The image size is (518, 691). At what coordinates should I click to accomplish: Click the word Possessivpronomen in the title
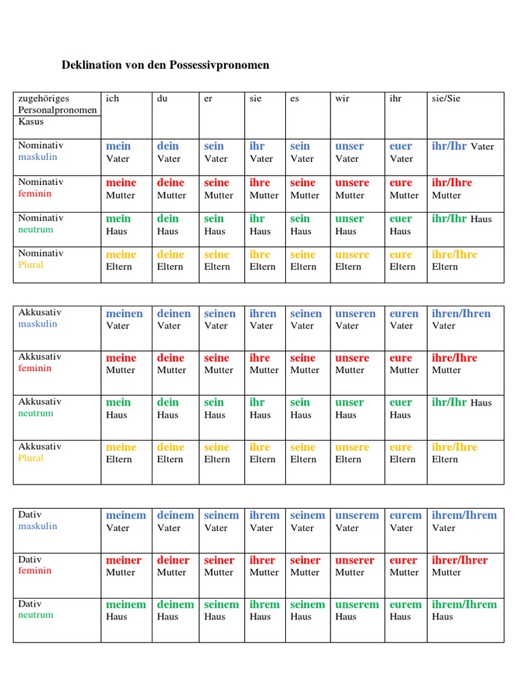click(x=215, y=65)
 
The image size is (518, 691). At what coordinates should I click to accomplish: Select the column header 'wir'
click(x=343, y=99)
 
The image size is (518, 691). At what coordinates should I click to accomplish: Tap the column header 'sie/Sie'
click(x=446, y=99)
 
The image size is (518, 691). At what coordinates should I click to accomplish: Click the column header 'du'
click(x=162, y=99)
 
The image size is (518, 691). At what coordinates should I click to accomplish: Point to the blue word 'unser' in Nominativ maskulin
click(x=349, y=146)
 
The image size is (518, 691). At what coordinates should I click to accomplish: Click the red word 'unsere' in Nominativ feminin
click(x=352, y=182)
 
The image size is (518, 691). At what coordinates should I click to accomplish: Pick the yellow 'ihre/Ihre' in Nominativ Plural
click(x=454, y=254)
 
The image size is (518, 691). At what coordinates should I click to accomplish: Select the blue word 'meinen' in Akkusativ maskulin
click(x=124, y=313)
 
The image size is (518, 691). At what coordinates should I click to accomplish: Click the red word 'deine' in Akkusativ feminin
click(x=171, y=358)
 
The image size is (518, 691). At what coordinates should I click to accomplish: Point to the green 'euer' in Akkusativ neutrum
click(x=401, y=402)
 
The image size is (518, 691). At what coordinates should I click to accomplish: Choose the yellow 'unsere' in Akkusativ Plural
click(x=352, y=447)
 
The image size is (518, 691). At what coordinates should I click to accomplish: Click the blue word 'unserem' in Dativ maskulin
click(x=357, y=515)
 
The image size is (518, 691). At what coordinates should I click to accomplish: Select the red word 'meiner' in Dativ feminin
click(x=123, y=560)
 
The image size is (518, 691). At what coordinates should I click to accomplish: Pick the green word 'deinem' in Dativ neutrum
click(x=175, y=605)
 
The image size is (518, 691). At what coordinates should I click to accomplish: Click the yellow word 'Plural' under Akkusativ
click(x=31, y=458)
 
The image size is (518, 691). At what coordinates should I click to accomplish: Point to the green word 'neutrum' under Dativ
click(x=36, y=615)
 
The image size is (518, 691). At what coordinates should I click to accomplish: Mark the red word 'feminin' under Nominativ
click(x=35, y=194)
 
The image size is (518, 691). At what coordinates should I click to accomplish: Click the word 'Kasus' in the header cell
click(x=30, y=121)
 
